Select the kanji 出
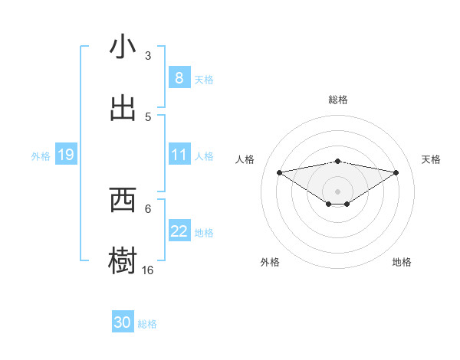[123, 108]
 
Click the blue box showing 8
[179, 78]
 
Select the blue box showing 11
[179, 155]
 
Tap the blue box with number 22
[179, 231]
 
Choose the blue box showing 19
[66, 155]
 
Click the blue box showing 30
[123, 322]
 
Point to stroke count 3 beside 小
[148, 56]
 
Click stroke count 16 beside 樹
[148, 270]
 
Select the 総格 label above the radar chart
[337, 100]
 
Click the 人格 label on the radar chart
[245, 159]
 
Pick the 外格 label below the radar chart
[269, 262]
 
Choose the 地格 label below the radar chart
[402, 262]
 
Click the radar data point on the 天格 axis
[396, 172]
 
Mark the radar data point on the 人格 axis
[279, 172]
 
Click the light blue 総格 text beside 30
[147, 324]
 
